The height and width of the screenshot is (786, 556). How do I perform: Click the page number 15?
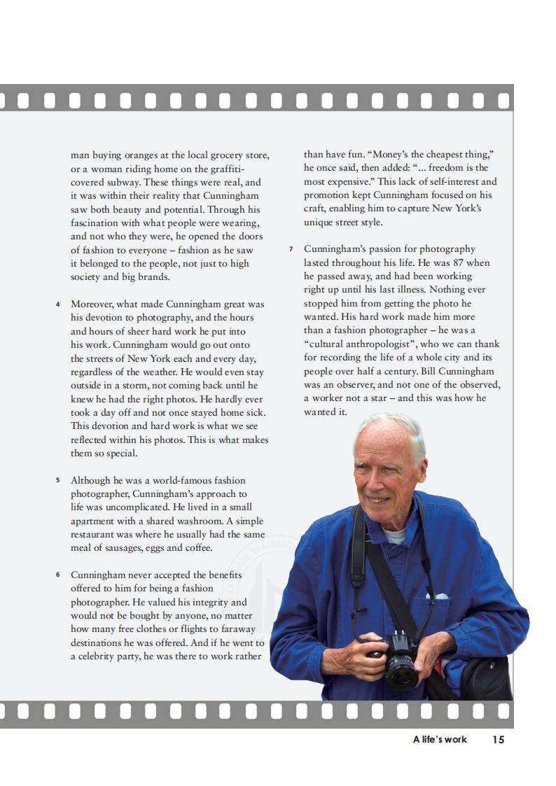click(498, 739)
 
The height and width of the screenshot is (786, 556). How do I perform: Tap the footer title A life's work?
click(440, 739)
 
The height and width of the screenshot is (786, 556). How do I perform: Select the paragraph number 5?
click(57, 481)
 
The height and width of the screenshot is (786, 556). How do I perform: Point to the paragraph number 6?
click(57, 575)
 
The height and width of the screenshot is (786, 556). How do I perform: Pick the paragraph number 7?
click(291, 249)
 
